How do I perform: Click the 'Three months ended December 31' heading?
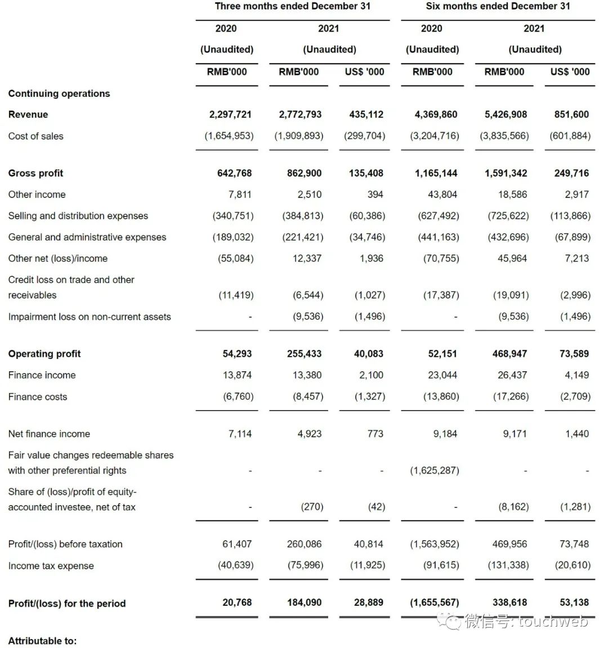click(292, 7)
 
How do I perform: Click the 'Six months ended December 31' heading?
click(498, 7)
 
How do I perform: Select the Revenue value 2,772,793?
click(300, 115)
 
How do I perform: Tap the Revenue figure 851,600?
click(571, 115)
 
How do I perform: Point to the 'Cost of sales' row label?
click(36, 136)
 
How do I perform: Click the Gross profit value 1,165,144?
click(436, 173)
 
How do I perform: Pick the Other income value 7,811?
click(240, 195)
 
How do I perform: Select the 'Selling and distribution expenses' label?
click(78, 216)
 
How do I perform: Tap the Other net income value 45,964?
click(512, 259)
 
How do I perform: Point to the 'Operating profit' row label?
click(44, 354)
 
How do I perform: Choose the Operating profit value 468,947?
click(509, 354)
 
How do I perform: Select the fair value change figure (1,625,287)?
click(435, 471)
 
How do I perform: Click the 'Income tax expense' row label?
click(51, 566)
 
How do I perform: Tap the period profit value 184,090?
click(304, 602)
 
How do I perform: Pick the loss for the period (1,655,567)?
click(435, 602)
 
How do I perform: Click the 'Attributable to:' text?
click(43, 641)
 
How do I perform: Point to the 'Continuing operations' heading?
click(59, 93)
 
